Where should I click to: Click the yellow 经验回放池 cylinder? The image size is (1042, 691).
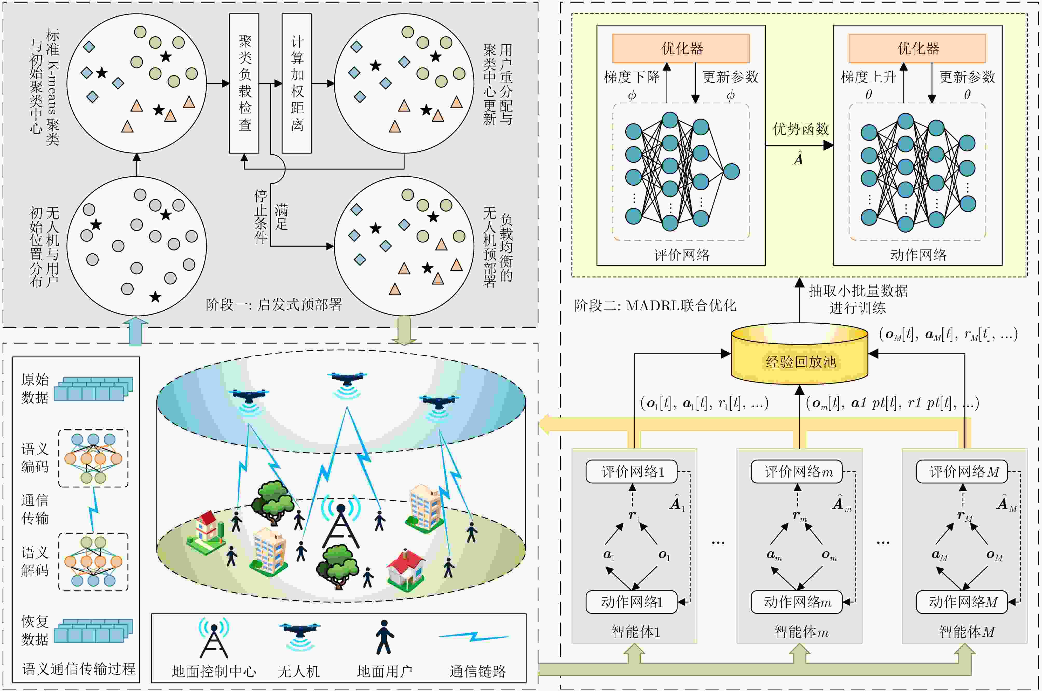pyautogui.click(x=799, y=353)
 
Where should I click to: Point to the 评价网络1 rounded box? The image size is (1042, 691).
pyautogui.click(x=632, y=472)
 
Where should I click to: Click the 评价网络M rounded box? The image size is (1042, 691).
pyautogui.click(x=962, y=472)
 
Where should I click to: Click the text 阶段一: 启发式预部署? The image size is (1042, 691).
pyautogui.click(x=274, y=304)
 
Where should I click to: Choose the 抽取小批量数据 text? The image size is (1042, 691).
pyautogui.click(x=858, y=291)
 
